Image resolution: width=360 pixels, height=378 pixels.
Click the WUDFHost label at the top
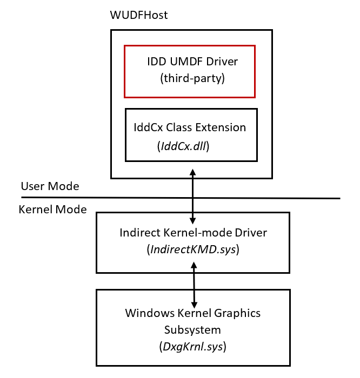(138, 15)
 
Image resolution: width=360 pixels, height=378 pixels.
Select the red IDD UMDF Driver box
(189, 71)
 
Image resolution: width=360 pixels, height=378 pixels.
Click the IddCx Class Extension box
(191, 135)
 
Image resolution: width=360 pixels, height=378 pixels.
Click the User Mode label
(50, 186)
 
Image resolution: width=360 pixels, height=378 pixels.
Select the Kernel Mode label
(53, 210)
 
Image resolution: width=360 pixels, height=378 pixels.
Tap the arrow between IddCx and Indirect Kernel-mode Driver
(193, 195)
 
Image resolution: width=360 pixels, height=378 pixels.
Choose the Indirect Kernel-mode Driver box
(193, 242)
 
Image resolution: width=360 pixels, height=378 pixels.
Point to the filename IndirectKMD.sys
(193, 250)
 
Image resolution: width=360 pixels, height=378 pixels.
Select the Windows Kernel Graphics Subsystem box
(193, 328)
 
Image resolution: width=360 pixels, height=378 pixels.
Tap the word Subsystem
(193, 329)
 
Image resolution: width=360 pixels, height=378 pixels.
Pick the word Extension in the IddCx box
(222, 128)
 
